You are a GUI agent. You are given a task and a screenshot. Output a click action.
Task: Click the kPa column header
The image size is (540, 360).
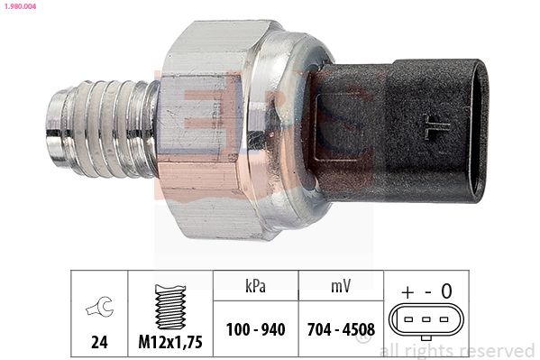pyautogui.click(x=254, y=286)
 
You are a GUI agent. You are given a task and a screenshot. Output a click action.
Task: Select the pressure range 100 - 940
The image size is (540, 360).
pyautogui.click(x=254, y=329)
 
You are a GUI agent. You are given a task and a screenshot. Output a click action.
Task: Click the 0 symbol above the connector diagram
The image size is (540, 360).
pyautogui.click(x=446, y=291)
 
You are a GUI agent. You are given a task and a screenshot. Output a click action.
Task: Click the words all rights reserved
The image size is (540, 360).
pyautogui.click(x=457, y=350)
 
